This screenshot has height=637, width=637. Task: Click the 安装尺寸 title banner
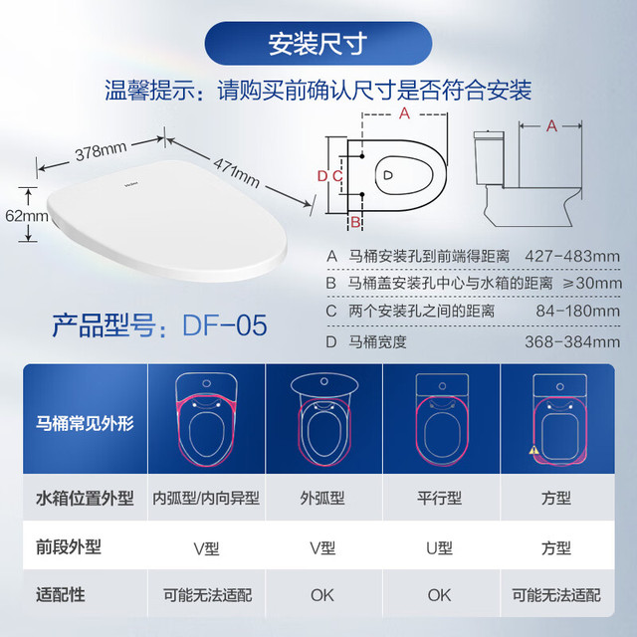click(x=318, y=43)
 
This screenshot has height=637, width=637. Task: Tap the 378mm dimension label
click(x=102, y=151)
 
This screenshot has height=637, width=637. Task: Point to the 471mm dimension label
click(x=237, y=172)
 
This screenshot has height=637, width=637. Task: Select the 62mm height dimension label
click(x=27, y=216)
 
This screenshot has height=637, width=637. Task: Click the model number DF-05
click(x=225, y=325)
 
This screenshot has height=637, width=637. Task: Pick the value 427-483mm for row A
click(x=572, y=257)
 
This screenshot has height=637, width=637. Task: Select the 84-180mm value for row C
click(x=577, y=312)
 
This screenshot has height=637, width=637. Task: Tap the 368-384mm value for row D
click(x=572, y=341)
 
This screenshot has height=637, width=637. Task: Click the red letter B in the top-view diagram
click(x=355, y=222)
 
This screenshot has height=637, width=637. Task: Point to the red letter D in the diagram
click(x=322, y=176)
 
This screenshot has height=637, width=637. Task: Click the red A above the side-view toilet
click(x=551, y=125)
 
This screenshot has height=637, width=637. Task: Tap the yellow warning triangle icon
click(x=533, y=450)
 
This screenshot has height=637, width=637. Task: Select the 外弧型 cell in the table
click(x=322, y=498)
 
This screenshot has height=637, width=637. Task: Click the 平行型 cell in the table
click(x=440, y=498)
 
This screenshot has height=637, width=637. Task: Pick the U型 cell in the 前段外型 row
click(x=440, y=548)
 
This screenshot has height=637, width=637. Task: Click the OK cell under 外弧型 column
click(x=322, y=595)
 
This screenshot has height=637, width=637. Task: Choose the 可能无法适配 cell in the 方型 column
click(x=556, y=595)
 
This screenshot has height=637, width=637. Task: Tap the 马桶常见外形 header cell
click(x=85, y=423)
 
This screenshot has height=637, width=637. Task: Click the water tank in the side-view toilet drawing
click(x=489, y=159)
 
